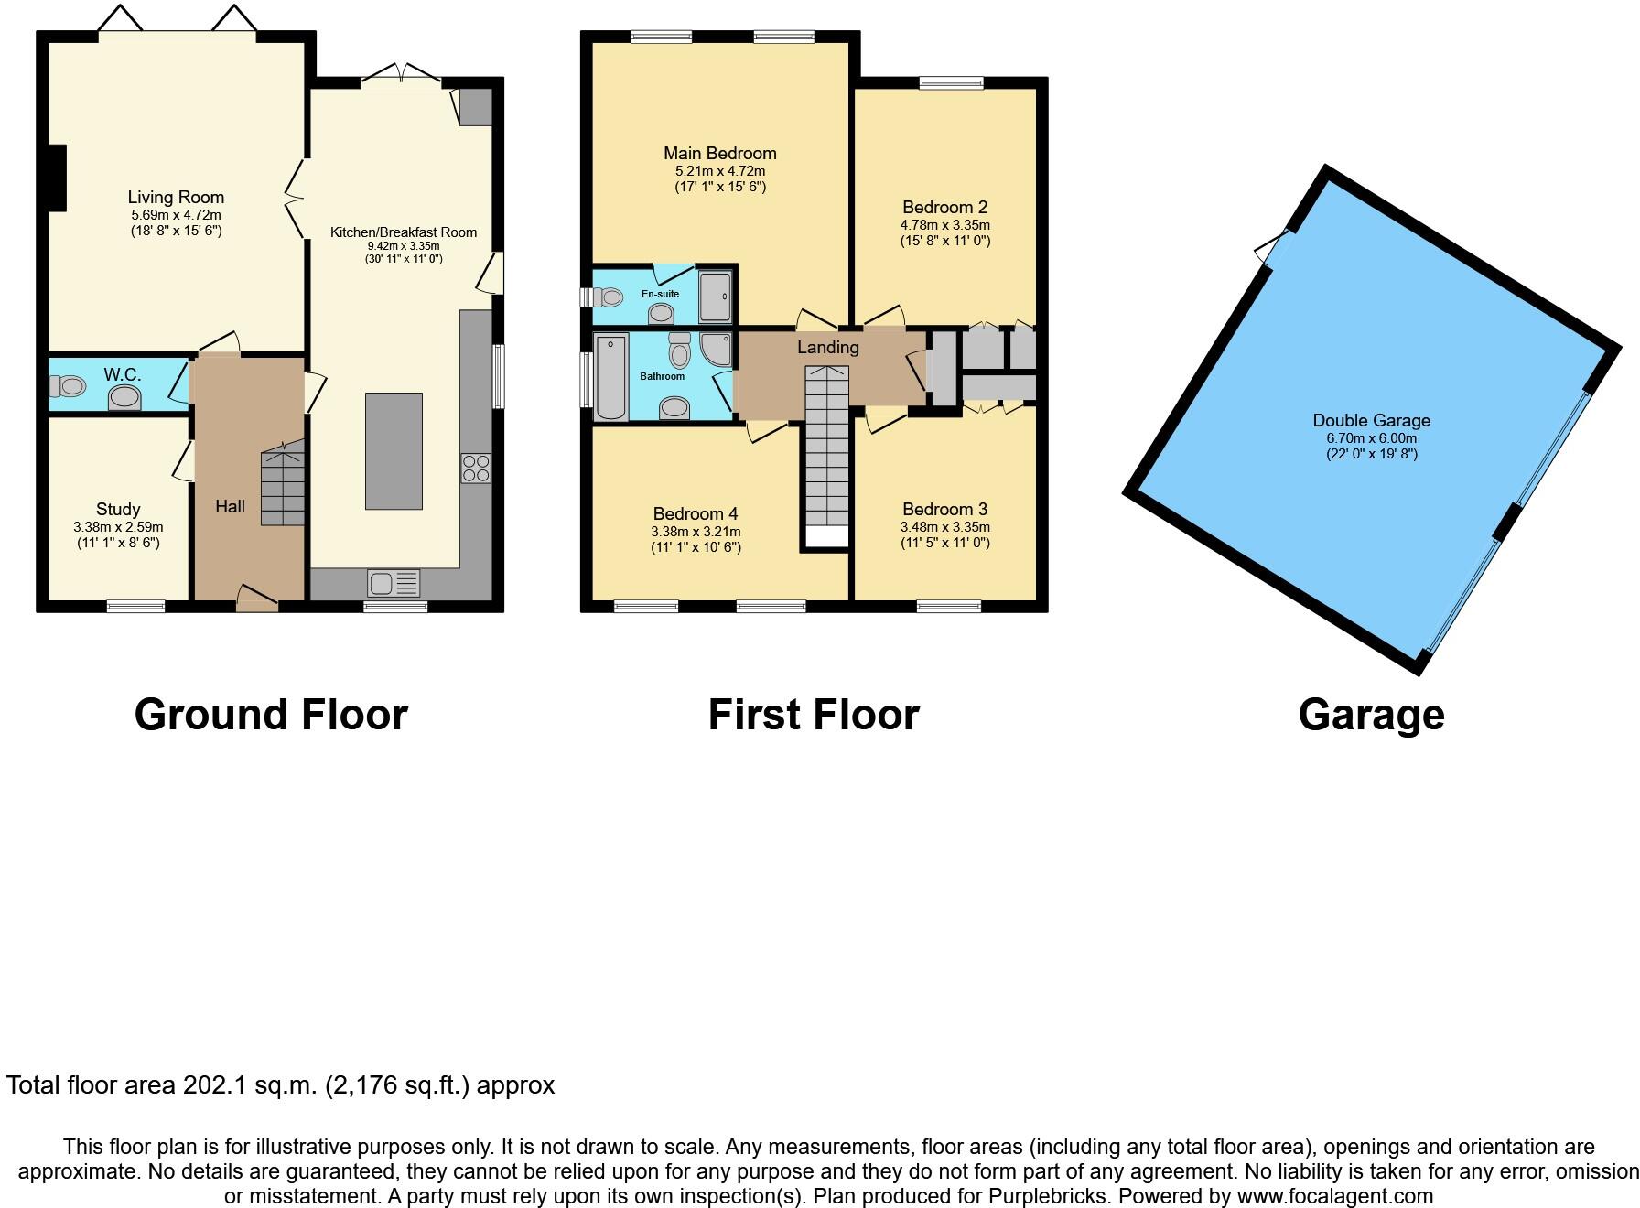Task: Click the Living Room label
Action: point(176,197)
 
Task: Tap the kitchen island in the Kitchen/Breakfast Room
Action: point(394,451)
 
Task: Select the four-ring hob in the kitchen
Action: point(476,469)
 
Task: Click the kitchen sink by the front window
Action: point(394,583)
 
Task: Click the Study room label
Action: point(118,509)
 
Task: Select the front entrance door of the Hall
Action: point(257,599)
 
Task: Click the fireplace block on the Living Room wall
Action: point(58,178)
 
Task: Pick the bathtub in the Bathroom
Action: point(611,377)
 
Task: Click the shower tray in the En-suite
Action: point(716,296)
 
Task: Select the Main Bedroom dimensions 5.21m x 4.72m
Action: point(720,171)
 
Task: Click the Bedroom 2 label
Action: point(945,207)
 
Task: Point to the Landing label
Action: point(828,347)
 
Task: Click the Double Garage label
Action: point(1372,420)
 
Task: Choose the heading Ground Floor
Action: point(271,715)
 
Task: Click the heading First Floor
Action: point(814,715)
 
